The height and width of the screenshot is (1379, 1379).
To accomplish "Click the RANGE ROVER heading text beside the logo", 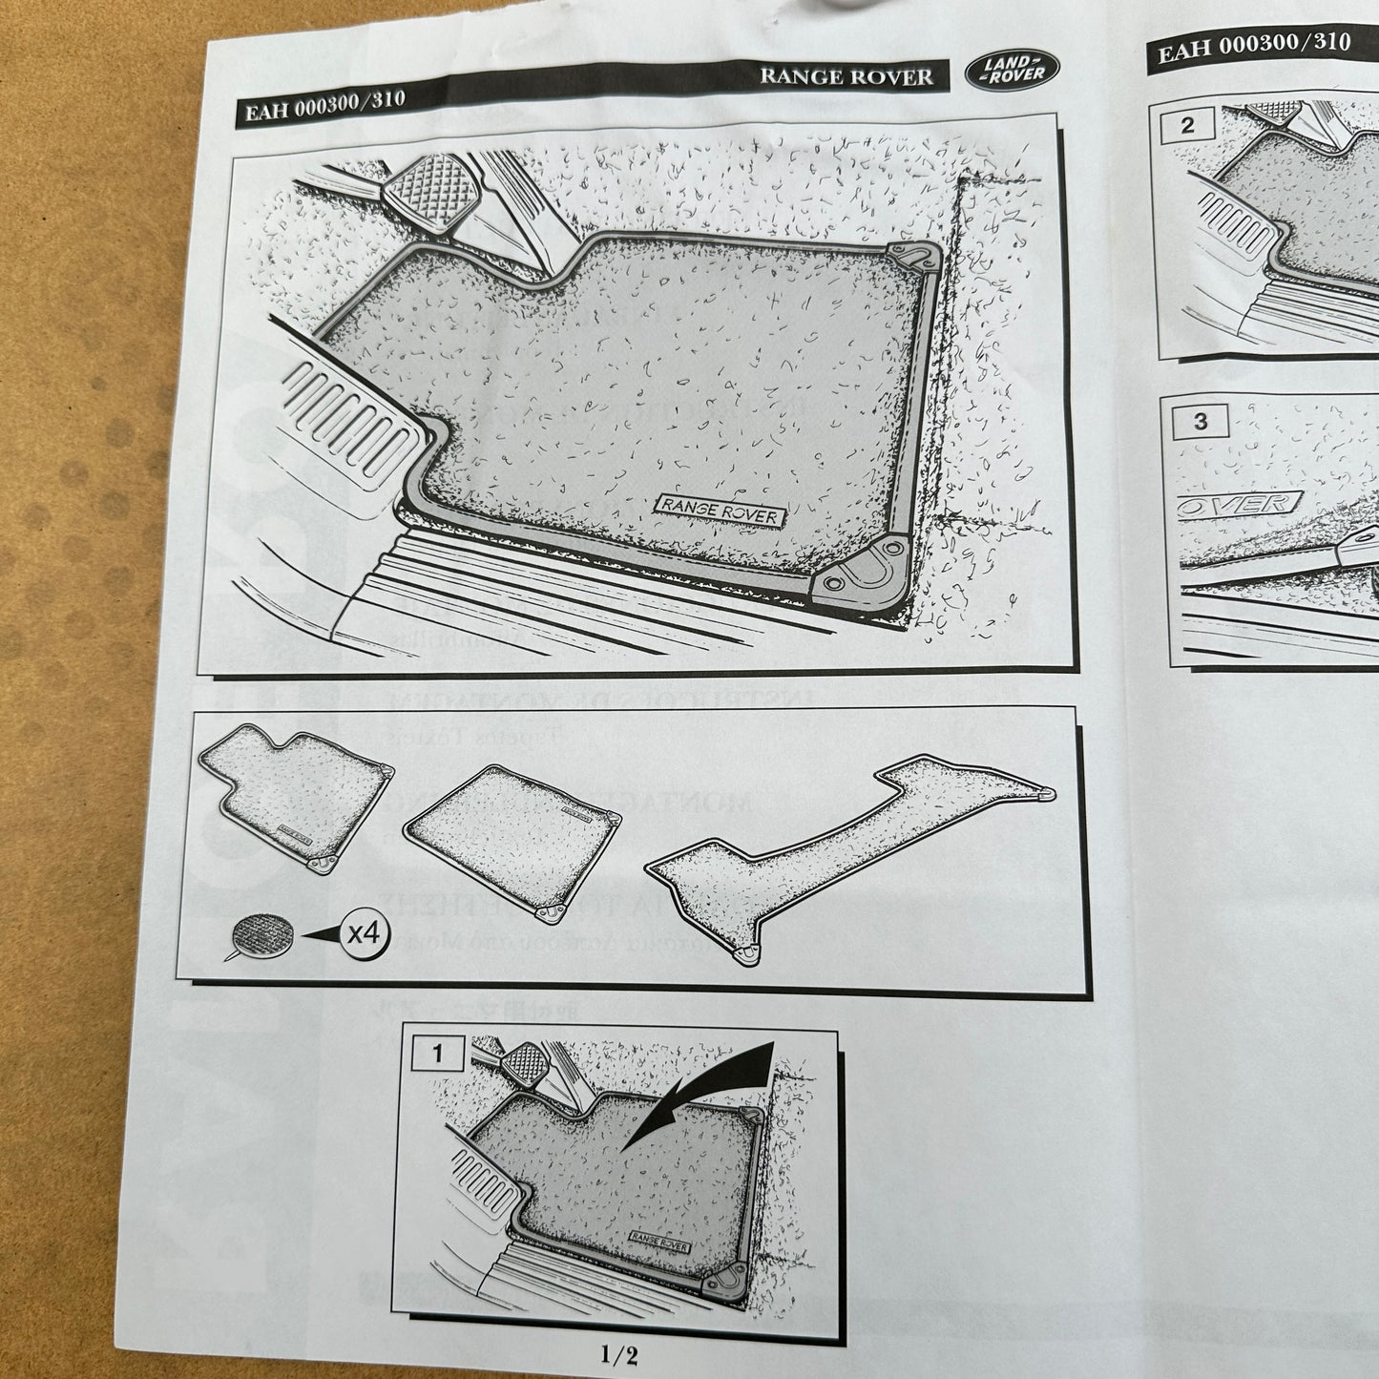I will pos(846,76).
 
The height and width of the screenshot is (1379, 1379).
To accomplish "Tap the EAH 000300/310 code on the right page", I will pos(1254,46).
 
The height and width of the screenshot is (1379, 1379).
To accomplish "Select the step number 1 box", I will pos(438,1054).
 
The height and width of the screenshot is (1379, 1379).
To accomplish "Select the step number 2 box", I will pos(1187,126).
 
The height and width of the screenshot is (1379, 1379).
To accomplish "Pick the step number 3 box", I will pos(1200,421).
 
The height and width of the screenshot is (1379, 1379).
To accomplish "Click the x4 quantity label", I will pos(364,933).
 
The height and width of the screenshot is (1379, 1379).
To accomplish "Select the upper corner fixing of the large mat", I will pos(912,260).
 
